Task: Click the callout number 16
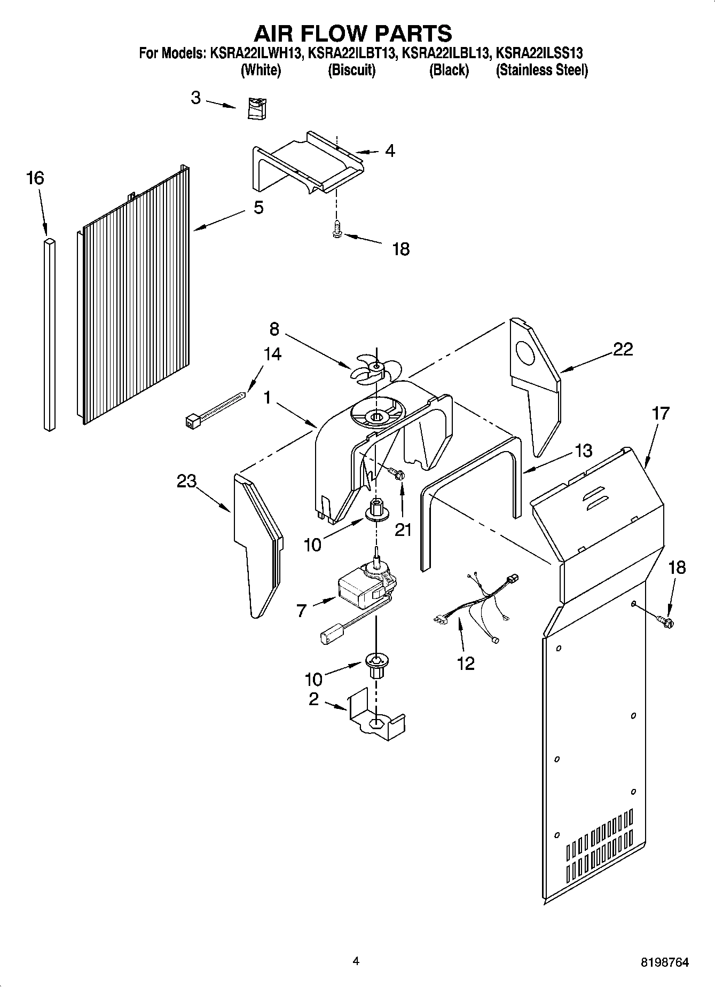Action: (x=35, y=178)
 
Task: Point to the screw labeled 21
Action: (x=396, y=473)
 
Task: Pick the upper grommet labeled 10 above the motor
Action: (x=376, y=510)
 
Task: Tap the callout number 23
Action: (x=187, y=481)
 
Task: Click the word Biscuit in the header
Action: (x=351, y=70)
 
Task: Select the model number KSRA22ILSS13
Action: (x=539, y=53)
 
